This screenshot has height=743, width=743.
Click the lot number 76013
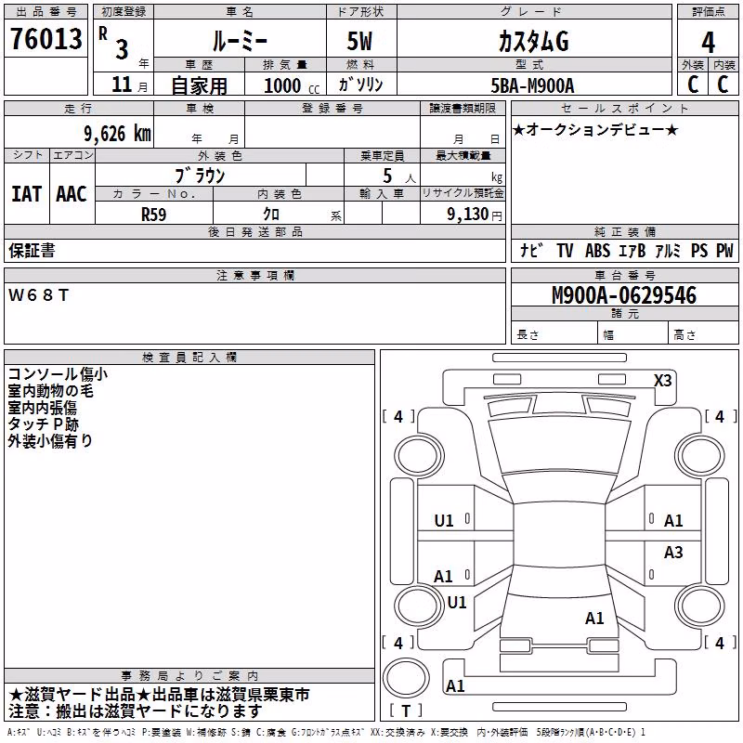(x=46, y=39)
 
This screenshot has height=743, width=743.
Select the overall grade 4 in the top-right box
(x=708, y=43)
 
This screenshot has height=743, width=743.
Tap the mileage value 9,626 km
(x=117, y=134)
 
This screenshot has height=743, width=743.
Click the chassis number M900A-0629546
(x=624, y=295)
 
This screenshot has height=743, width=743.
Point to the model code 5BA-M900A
(x=532, y=85)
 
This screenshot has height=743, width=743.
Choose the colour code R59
(x=153, y=215)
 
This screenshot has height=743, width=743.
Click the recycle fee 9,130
(x=468, y=215)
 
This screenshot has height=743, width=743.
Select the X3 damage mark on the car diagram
(x=662, y=381)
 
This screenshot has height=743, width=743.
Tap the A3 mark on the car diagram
(x=672, y=552)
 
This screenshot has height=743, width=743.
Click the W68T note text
(x=39, y=295)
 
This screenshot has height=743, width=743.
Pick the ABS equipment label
(x=597, y=251)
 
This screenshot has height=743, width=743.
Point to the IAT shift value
(x=26, y=194)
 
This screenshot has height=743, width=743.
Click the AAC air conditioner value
(x=72, y=194)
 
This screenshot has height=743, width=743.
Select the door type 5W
(x=359, y=41)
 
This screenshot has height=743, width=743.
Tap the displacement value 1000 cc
(x=292, y=85)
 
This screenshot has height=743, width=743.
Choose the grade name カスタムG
(x=533, y=42)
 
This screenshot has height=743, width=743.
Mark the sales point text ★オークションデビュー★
(x=595, y=129)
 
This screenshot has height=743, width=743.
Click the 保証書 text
(x=32, y=251)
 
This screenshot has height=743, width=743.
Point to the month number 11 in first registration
(x=122, y=85)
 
